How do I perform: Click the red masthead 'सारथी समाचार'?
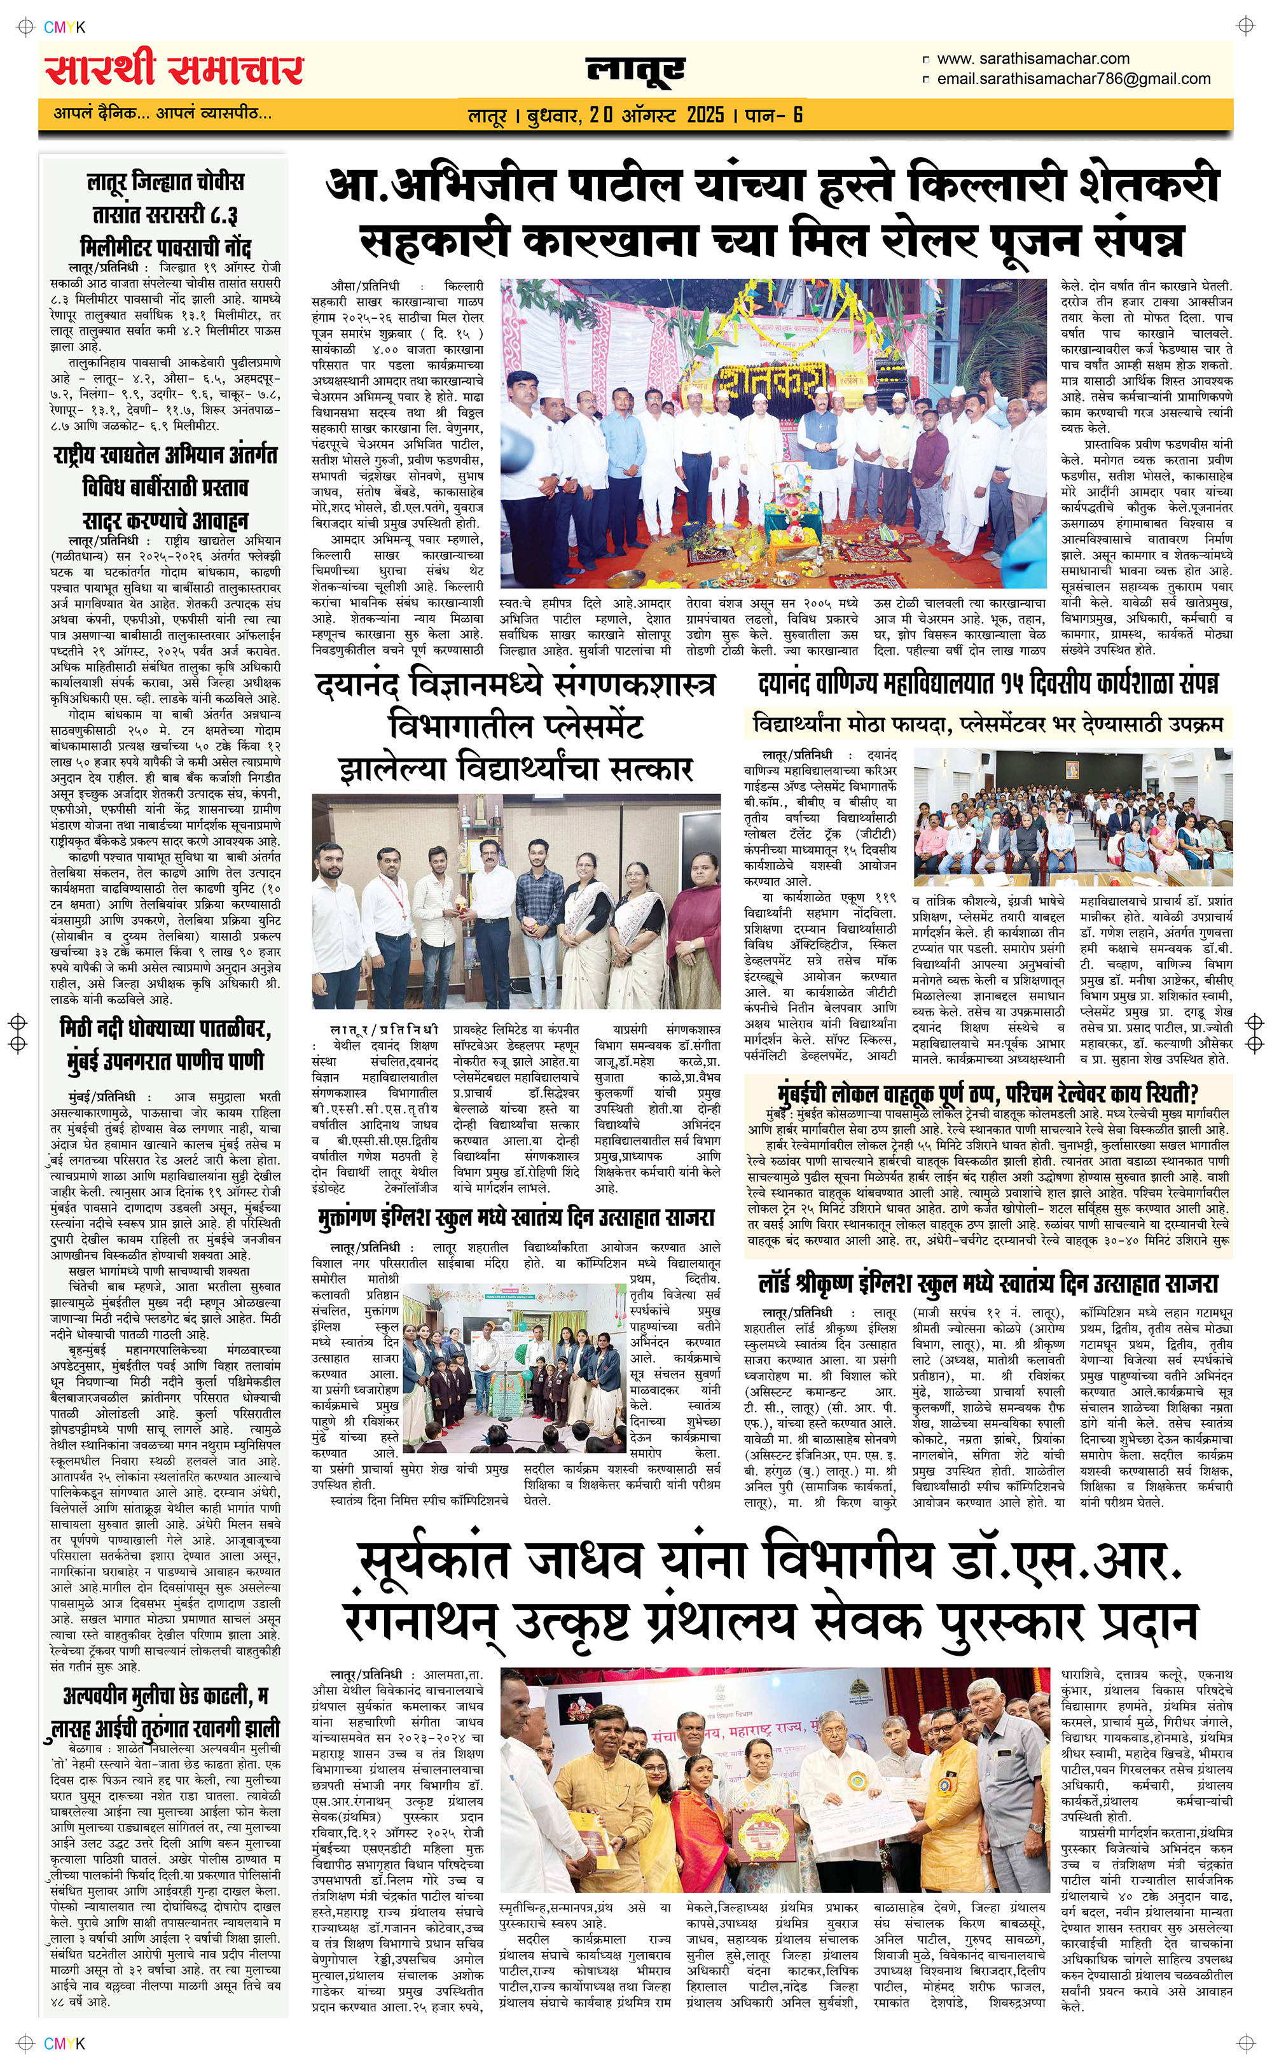click(174, 70)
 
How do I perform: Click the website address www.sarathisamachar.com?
click(1032, 59)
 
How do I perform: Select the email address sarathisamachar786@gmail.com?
click(1074, 79)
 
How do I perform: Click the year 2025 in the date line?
click(705, 115)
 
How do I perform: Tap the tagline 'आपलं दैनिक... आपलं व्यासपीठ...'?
click(162, 113)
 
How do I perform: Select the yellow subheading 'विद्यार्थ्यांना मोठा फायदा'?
click(988, 723)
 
